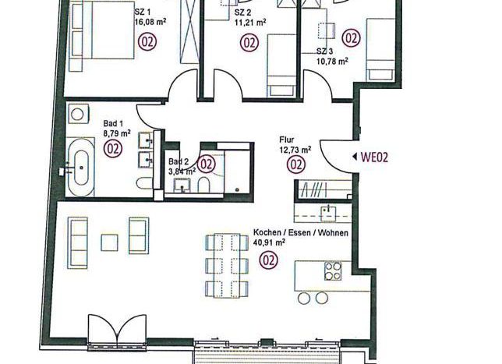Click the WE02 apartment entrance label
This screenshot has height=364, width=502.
point(374,157)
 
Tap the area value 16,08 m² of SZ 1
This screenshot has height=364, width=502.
point(150,22)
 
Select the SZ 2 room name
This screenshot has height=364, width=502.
point(242,12)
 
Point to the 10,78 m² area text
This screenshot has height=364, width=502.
point(332,61)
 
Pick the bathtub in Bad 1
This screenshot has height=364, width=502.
point(81,167)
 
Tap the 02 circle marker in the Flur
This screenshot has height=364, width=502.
point(296,164)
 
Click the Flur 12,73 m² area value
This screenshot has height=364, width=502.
point(295,150)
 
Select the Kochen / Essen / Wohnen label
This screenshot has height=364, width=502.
point(301,233)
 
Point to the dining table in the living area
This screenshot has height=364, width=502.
point(227,266)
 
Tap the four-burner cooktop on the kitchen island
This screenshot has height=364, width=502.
point(333,270)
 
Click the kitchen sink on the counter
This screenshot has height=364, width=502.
point(328,214)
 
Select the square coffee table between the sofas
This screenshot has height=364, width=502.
point(109,242)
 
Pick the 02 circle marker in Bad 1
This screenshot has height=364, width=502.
point(113,149)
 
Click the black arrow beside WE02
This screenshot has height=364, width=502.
point(355,157)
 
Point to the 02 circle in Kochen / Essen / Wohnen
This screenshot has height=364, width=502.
point(269,260)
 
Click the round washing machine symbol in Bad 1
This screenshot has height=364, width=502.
point(77,113)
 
